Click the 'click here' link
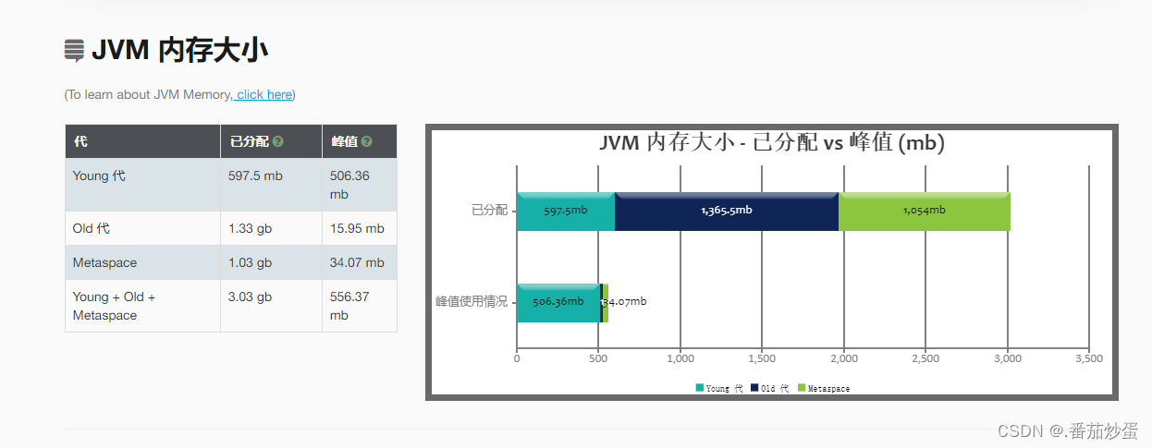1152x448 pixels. [264, 94]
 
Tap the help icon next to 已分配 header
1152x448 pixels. [278, 142]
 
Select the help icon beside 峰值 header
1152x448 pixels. [367, 142]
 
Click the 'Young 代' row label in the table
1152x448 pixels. [99, 176]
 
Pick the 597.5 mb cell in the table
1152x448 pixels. [255, 176]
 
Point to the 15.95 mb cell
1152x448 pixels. [357, 228]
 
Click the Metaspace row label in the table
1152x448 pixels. [104, 262]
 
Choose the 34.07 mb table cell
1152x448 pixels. [357, 262]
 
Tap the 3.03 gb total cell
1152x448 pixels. [250, 297]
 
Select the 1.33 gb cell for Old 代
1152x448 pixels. [250, 228]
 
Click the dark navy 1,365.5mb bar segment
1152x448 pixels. [726, 211]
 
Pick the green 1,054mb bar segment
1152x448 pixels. [924, 211]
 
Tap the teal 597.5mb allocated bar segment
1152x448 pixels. [565, 211]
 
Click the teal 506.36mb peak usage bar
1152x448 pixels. [558, 302]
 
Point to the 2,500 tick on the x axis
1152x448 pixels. [925, 358]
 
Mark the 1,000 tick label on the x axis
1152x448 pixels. [680, 358]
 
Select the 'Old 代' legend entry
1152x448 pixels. [770, 389]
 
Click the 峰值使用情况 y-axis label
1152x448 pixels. [472, 302]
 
